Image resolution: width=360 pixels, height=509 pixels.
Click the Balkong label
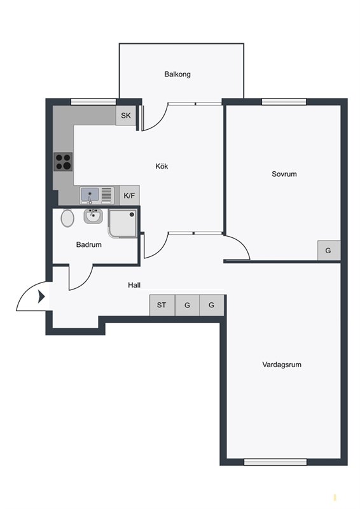point(177,74)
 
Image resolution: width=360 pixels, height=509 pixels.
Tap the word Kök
point(162,166)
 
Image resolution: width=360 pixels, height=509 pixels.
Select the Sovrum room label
point(284,174)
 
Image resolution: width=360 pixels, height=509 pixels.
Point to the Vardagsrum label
point(282,365)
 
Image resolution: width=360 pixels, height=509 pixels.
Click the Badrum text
point(88,244)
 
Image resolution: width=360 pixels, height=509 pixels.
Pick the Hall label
point(134,285)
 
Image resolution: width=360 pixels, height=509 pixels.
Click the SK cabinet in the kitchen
point(126,116)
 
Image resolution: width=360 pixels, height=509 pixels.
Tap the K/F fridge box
point(130,195)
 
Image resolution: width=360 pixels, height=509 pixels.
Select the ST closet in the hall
point(162,305)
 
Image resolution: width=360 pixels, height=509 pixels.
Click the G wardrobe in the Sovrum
point(328,250)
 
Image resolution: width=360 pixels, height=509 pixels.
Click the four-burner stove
point(64,162)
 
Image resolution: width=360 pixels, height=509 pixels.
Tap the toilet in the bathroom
point(67,218)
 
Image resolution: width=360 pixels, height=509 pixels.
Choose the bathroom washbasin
point(93,216)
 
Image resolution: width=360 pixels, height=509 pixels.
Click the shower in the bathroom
point(122,223)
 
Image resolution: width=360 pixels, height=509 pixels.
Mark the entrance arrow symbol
point(41,296)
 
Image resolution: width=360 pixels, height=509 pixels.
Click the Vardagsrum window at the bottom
point(275,462)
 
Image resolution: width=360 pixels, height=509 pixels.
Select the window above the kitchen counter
point(93,102)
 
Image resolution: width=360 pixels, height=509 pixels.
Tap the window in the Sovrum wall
point(284,102)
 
